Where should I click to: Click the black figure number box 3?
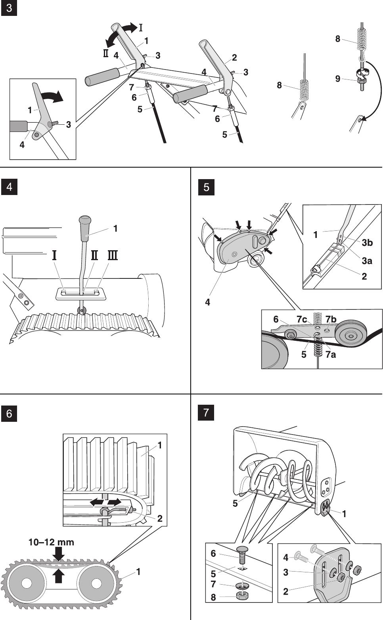tap(9, 9)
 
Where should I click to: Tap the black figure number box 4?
tap(10, 187)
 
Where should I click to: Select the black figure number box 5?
tap(206, 187)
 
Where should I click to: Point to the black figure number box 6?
tap(10, 413)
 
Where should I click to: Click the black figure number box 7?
tap(206, 413)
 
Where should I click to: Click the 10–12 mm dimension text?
tap(51, 542)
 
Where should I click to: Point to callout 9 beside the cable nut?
tap(337, 79)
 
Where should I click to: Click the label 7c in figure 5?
tap(301, 320)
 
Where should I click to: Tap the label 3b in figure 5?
tap(367, 242)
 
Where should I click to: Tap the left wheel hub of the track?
tap(27, 583)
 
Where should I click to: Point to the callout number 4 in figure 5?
tap(207, 302)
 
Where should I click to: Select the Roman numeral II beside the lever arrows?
tap(105, 53)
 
